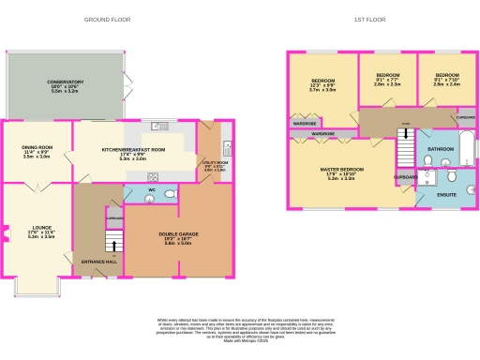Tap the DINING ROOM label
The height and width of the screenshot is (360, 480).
click(x=37, y=149)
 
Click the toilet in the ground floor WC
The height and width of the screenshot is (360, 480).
click(x=170, y=194)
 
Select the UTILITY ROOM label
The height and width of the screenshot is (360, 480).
click(x=215, y=162)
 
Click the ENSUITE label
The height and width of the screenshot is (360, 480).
click(x=448, y=194)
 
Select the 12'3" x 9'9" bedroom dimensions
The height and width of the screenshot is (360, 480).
click(x=322, y=88)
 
